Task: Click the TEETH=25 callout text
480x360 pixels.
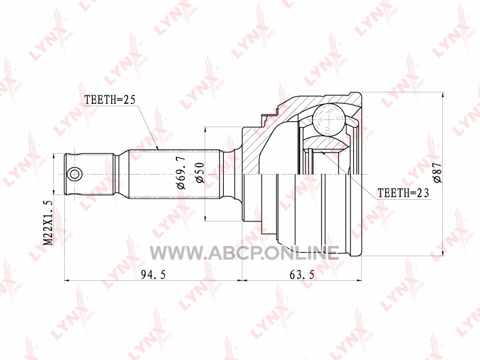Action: pos(110,100)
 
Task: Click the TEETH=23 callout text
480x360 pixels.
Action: pos(403,193)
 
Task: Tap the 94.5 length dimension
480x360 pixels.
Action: pos(153,275)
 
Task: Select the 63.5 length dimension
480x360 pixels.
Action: pos(302,275)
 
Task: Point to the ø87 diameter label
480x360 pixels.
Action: pos(437,173)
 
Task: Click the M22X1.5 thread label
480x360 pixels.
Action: pos(49,222)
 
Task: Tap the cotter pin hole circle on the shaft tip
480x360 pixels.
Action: pos(74,175)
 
